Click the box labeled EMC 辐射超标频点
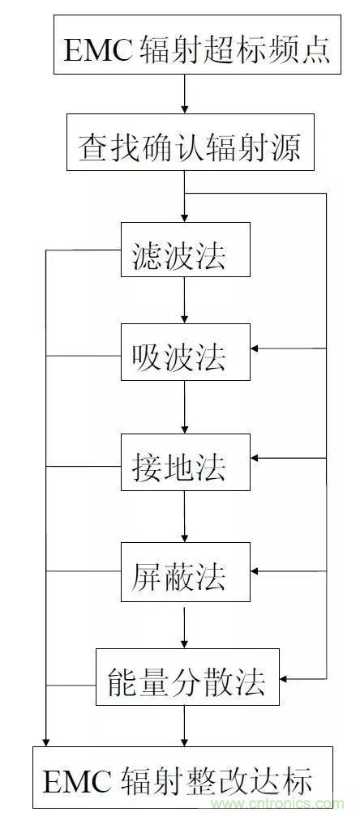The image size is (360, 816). (198, 45)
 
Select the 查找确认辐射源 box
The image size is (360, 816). (191, 142)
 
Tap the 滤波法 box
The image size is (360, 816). (186, 250)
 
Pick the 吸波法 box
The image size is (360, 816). (186, 352)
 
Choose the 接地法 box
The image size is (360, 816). (186, 462)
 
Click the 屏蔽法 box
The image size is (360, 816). (186, 572)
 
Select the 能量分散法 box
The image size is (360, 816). (187, 677)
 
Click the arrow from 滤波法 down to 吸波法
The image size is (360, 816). (184, 301)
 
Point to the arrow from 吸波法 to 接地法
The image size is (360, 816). (184, 407)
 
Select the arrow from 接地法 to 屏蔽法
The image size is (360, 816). (184, 516)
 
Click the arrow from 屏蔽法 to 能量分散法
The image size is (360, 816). (184, 625)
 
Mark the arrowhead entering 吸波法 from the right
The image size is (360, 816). (255, 348)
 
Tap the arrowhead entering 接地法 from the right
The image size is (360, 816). (255, 458)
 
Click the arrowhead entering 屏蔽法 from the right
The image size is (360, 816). (255, 571)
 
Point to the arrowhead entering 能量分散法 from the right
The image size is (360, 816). (284, 678)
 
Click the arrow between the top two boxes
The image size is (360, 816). (184, 94)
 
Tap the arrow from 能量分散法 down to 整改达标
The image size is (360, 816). (184, 725)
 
